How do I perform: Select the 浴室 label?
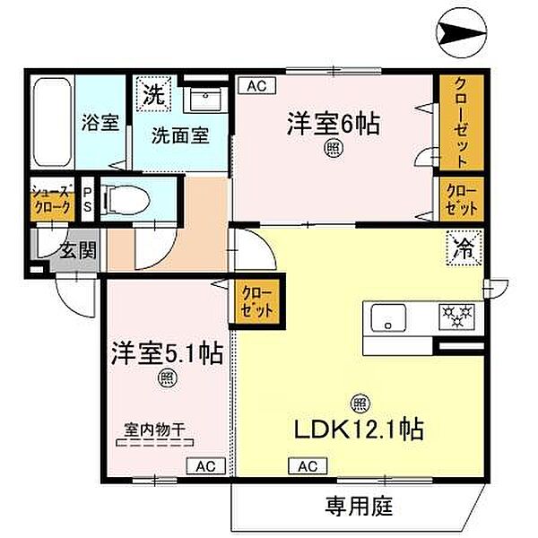point(99,123)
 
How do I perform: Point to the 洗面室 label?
point(179,136)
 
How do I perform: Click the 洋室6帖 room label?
point(333,124)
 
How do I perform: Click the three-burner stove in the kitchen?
point(458,317)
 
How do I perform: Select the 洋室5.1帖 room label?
point(168,351)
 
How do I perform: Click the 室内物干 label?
point(154,430)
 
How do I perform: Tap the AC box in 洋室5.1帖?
point(205,465)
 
